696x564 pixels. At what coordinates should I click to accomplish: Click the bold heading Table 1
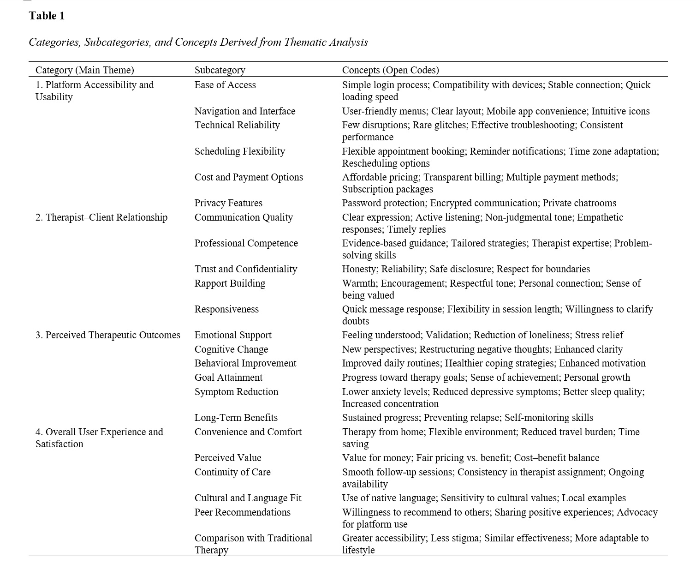tap(47, 16)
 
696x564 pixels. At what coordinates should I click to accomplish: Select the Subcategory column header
tap(220, 70)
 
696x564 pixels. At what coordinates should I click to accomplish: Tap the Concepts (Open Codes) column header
tap(390, 70)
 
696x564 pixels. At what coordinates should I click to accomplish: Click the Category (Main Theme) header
tap(84, 70)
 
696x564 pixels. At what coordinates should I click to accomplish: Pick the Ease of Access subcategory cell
tap(225, 85)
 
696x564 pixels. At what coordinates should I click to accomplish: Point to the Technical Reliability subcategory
tap(237, 125)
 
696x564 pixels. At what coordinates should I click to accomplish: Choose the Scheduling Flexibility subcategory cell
tap(239, 151)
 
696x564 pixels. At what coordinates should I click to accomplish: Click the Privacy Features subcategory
tap(228, 203)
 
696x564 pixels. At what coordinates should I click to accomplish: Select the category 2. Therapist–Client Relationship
tap(101, 217)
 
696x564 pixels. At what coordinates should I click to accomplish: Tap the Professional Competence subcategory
tap(246, 243)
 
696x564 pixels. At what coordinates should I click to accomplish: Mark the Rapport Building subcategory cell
tap(230, 283)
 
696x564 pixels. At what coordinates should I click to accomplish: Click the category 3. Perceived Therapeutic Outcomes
tap(108, 335)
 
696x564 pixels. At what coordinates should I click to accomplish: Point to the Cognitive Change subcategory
tap(231, 349)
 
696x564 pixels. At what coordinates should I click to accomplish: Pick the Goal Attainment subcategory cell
tap(228, 378)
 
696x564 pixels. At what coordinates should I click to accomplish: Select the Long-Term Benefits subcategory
tap(236, 418)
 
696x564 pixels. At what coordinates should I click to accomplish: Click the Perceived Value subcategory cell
tap(227, 458)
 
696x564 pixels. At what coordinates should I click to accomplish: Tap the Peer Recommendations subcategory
tap(242, 512)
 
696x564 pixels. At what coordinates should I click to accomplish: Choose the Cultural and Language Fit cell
tap(248, 498)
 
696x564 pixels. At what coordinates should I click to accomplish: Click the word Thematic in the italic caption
tap(305, 42)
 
